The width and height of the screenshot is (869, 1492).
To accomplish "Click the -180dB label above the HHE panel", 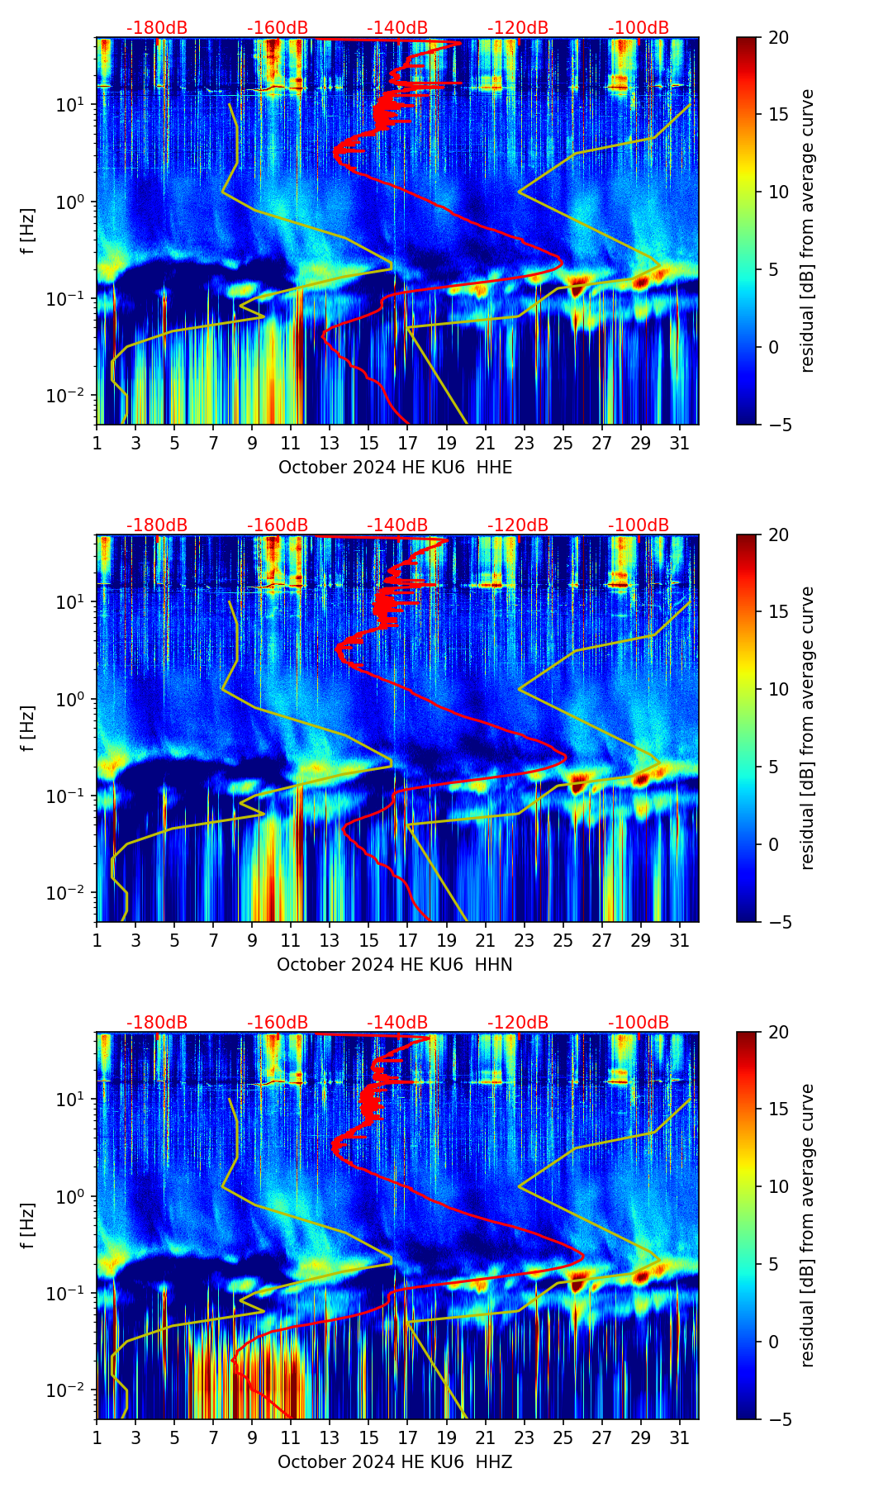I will [x=157, y=28].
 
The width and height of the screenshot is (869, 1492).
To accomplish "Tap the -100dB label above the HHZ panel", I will [x=639, y=1023].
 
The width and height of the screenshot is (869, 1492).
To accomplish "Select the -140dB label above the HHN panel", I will [x=397, y=525].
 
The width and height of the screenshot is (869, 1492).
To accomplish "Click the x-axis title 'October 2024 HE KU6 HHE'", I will [x=395, y=468].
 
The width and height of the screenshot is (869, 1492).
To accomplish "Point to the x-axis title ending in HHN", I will [x=395, y=965].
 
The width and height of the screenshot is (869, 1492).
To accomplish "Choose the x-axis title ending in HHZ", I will [x=395, y=1462].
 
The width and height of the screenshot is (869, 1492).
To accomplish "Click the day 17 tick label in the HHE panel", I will [x=408, y=443].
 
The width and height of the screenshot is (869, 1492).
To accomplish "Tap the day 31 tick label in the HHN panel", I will [x=680, y=940].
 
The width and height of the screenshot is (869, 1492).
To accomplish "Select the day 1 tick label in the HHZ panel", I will [x=97, y=1437].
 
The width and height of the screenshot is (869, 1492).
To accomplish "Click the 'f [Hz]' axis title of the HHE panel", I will [x=30, y=230].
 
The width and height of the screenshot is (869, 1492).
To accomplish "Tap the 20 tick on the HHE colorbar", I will [x=778, y=37].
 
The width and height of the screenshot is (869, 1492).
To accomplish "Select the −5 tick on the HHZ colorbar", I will [x=778, y=1419].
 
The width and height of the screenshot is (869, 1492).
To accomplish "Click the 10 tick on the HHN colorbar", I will [x=778, y=689].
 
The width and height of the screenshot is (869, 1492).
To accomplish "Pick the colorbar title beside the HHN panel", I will [x=807, y=728].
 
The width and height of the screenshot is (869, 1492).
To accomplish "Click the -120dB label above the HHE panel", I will [x=518, y=28].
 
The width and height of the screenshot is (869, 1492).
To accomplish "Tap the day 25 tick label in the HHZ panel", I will [x=563, y=1437].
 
